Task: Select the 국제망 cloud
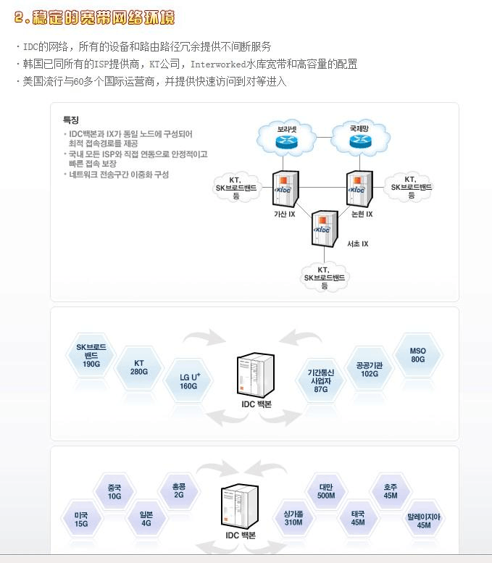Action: coord(359,135)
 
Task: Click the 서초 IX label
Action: coord(358,243)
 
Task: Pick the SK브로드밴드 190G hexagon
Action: coord(91,356)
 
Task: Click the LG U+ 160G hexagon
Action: coord(189,381)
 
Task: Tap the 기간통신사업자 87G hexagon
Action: coord(320,379)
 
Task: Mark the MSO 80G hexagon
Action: coord(417,354)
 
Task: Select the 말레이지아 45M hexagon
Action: coord(424,520)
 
